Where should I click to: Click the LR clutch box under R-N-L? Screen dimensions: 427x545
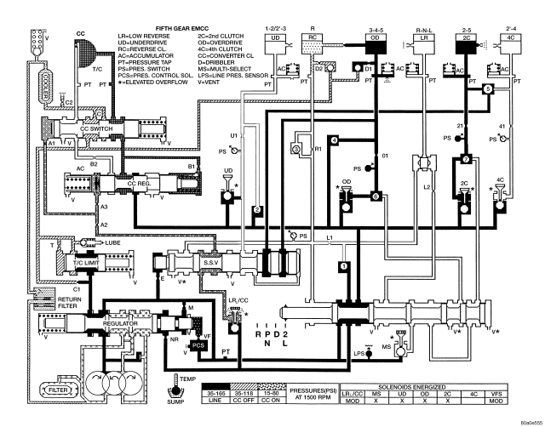[418, 39]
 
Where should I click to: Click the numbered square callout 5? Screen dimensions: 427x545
[488, 88]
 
